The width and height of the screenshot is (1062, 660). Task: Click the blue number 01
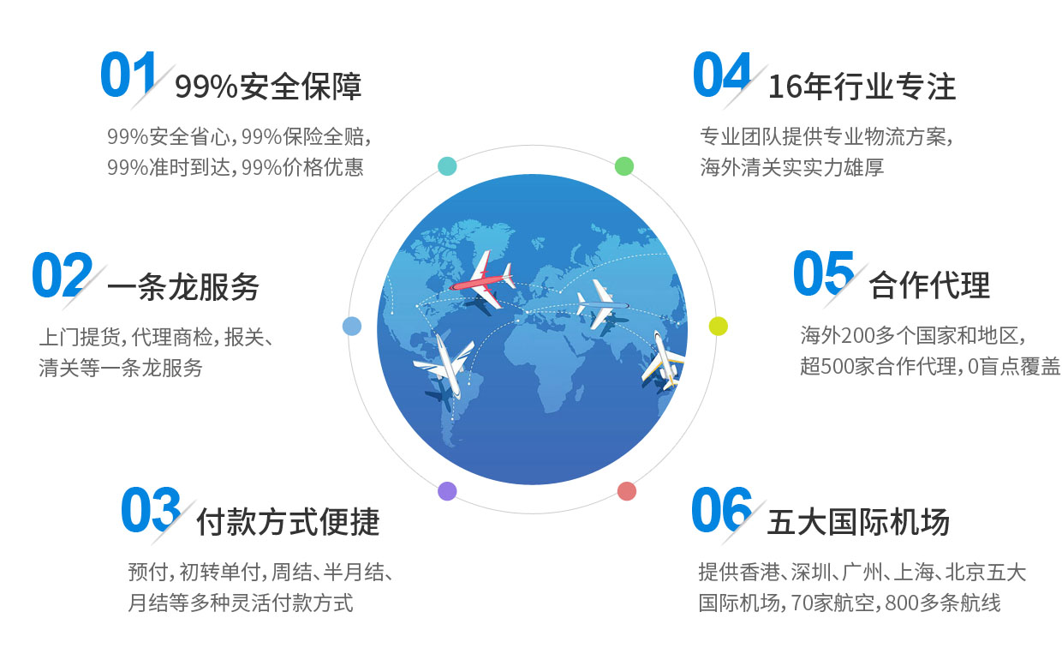pos(128,74)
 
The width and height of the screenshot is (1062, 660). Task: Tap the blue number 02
pos(63,275)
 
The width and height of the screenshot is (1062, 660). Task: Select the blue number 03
pos(151,509)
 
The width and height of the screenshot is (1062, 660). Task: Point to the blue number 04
pos(722,74)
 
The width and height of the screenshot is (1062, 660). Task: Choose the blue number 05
pos(824,273)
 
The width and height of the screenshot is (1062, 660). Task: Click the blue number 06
pos(722,509)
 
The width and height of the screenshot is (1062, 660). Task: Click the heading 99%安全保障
pos(268,87)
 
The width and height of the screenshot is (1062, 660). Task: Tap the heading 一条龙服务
pos(183,287)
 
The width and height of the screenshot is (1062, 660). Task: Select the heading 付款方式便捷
pos(289,521)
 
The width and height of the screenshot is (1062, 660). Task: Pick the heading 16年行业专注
pos(862,87)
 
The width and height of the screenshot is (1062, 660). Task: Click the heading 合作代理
pos(930,285)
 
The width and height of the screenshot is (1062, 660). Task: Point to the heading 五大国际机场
pos(859,521)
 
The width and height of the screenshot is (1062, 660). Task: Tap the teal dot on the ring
pos(447,166)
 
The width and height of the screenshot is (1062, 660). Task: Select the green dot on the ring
pos(623,166)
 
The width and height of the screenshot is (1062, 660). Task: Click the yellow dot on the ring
pos(719,326)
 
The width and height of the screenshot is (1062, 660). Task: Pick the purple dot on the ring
pos(447,491)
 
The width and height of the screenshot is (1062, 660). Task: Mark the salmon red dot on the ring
pos(627,491)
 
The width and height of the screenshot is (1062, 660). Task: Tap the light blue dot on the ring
pos(352,326)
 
